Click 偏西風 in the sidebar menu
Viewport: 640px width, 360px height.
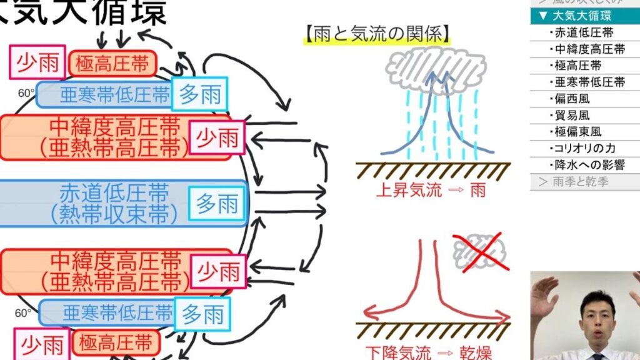[572, 99]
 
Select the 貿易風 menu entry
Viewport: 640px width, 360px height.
[572, 116]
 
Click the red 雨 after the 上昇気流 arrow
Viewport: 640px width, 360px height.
[477, 190]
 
